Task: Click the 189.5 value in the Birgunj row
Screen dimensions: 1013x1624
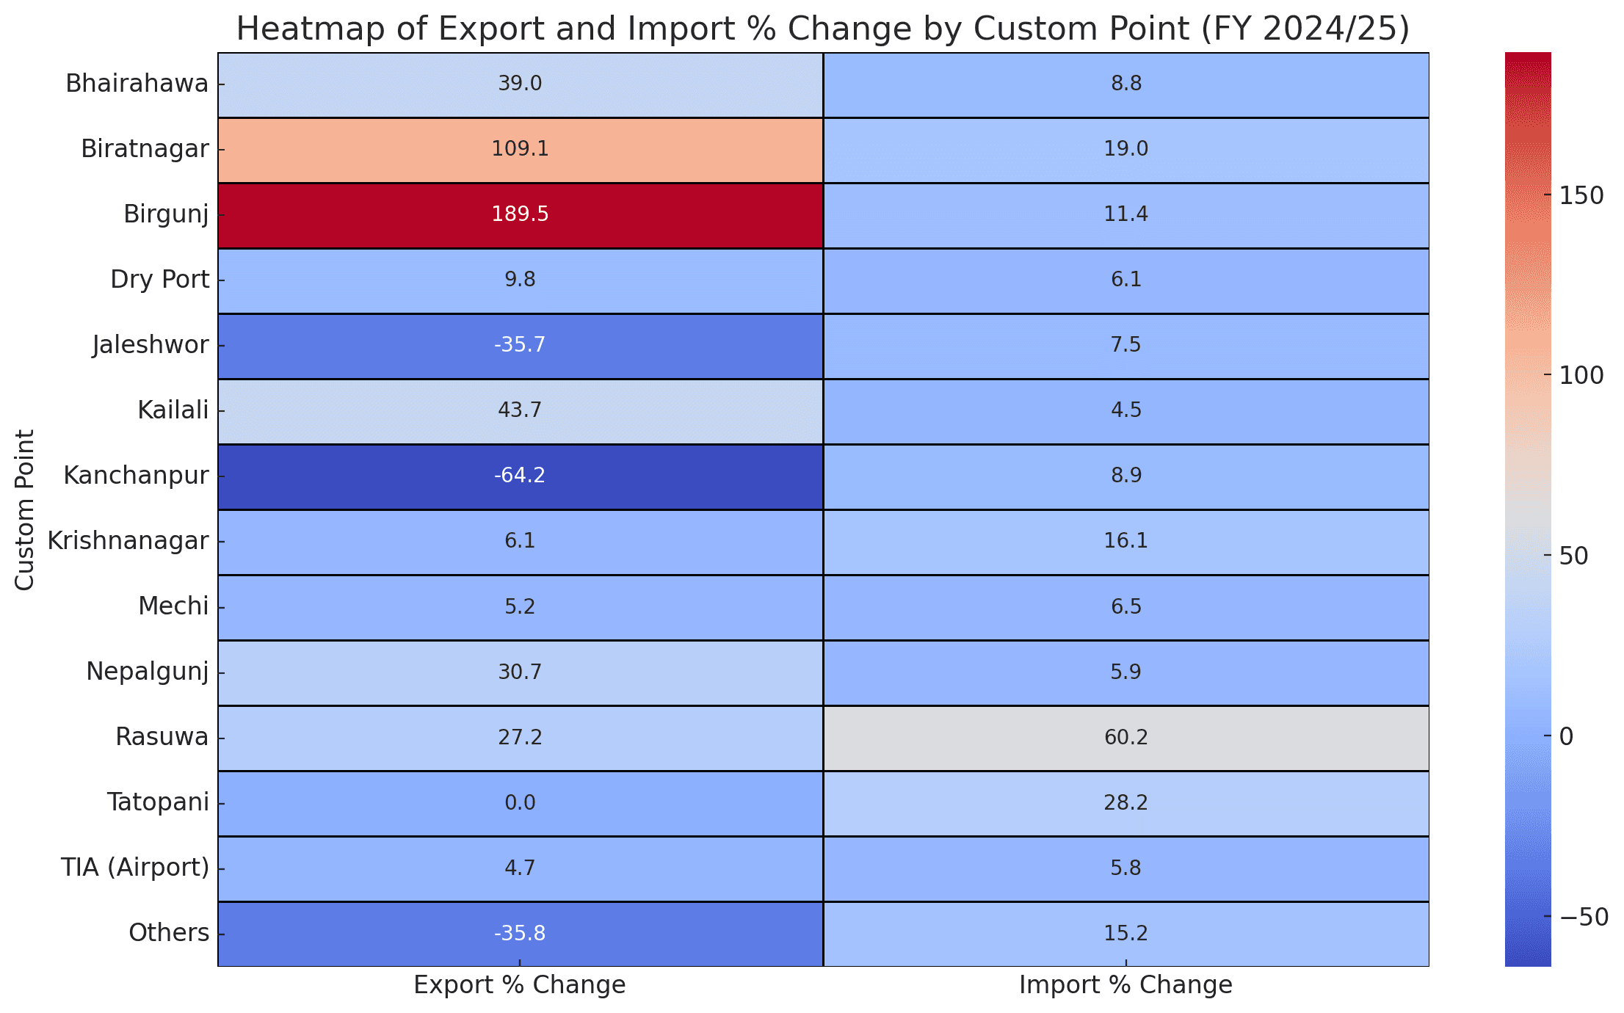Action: pos(520,214)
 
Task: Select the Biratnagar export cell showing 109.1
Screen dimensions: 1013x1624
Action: pos(520,149)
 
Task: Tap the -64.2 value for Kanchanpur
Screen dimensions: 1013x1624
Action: pos(520,476)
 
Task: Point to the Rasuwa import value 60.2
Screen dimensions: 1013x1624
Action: pos(1125,737)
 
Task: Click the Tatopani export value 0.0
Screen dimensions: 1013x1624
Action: pos(520,802)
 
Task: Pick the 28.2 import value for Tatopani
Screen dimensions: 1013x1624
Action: pos(1125,802)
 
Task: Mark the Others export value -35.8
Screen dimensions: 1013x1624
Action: pos(520,933)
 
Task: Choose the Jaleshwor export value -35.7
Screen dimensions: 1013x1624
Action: pos(520,345)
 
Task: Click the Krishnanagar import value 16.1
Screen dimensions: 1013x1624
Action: pos(1125,541)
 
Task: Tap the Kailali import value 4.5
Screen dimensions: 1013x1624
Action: pos(1125,410)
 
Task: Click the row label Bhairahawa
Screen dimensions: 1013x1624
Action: pos(137,84)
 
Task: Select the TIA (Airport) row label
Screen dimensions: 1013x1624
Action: pos(135,868)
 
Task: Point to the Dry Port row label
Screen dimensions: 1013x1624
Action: pos(160,280)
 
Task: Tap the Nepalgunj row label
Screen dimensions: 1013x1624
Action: pos(148,672)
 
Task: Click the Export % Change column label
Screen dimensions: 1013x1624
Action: pos(520,985)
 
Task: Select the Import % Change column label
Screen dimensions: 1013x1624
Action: pos(1125,985)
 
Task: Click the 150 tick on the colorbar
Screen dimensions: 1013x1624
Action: pos(1581,195)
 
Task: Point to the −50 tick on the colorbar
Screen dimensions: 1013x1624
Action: pos(1581,917)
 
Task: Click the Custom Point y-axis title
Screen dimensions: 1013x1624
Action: pos(25,509)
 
